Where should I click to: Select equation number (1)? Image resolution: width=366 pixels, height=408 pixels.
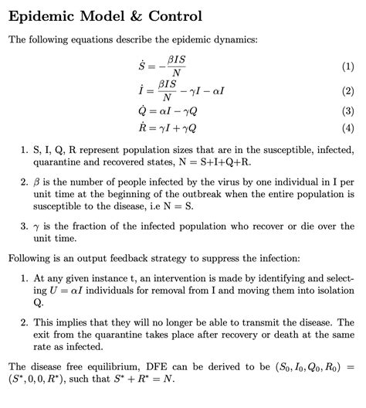click(347, 67)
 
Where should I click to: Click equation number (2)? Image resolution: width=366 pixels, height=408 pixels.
click(347, 91)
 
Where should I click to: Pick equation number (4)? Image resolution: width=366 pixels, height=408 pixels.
click(347, 127)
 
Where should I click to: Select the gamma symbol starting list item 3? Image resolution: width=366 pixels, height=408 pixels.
click(36, 229)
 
